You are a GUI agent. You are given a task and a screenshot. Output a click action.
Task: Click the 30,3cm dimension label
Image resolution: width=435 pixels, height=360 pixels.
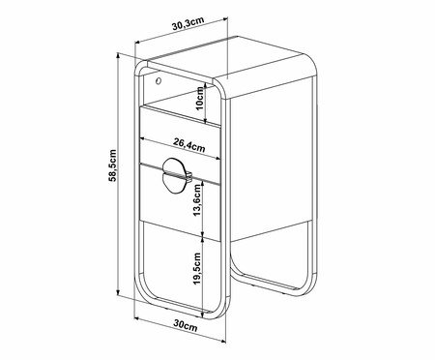pos(188,23)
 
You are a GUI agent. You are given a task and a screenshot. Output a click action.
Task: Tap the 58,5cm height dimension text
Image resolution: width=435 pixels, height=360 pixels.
pos(112,165)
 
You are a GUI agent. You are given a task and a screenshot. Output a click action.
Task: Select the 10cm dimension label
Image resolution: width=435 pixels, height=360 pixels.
pos(200,99)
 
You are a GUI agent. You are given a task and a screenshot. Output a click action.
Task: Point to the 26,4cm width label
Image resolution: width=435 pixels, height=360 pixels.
pos(189,144)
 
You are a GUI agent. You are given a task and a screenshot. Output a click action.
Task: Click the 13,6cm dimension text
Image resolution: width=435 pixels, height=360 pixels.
pos(197,200)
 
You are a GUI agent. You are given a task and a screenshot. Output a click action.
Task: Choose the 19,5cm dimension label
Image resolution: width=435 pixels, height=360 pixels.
pos(197,268)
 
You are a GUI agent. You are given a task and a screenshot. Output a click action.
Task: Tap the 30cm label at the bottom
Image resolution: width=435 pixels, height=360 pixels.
pos(186,324)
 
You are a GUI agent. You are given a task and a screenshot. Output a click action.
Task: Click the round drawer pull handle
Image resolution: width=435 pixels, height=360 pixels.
pos(176,176)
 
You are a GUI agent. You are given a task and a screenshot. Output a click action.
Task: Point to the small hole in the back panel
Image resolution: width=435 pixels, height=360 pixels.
pos(158,80)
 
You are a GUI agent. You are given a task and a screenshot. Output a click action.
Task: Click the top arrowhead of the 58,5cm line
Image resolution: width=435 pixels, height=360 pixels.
pos(118,55)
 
